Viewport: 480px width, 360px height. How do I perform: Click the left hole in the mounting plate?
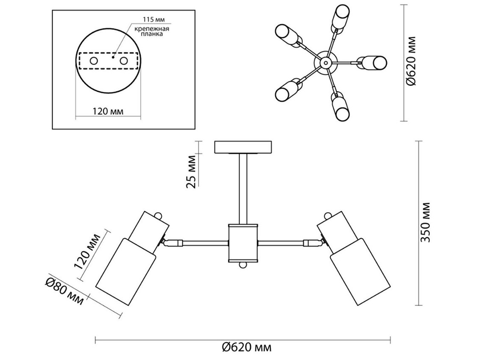coord(94,61)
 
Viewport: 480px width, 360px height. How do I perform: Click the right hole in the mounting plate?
coord(123,61)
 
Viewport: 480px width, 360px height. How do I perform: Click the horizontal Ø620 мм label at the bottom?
coord(246,347)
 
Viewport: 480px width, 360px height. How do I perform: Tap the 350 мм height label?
coord(426,221)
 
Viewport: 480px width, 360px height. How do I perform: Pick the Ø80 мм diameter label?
coord(63,293)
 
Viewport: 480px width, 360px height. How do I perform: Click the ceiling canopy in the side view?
coord(244,147)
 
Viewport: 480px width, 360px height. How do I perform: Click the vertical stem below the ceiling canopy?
coord(243,188)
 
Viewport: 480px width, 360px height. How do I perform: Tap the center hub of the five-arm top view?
coord(324,62)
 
